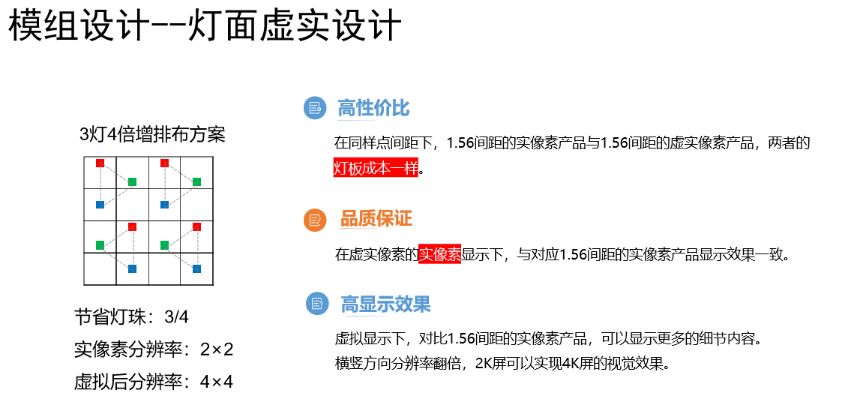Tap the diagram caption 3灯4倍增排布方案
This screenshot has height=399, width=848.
coord(152,134)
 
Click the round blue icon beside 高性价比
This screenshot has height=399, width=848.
coord(315,108)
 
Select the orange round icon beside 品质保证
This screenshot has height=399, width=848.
coord(315,220)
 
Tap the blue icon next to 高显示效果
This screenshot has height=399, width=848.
coord(317,303)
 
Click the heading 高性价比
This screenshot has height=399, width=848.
coord(373,108)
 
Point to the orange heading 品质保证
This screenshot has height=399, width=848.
coord(376,219)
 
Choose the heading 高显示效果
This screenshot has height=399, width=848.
coord(385,304)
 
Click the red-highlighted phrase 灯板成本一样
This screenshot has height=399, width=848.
coord(376,169)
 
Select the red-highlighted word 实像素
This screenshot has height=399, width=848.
coord(439,254)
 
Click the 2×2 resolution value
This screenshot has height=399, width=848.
coord(217,349)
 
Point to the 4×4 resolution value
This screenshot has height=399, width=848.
coord(217,382)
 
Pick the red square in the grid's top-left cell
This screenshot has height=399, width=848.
coord(100,163)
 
